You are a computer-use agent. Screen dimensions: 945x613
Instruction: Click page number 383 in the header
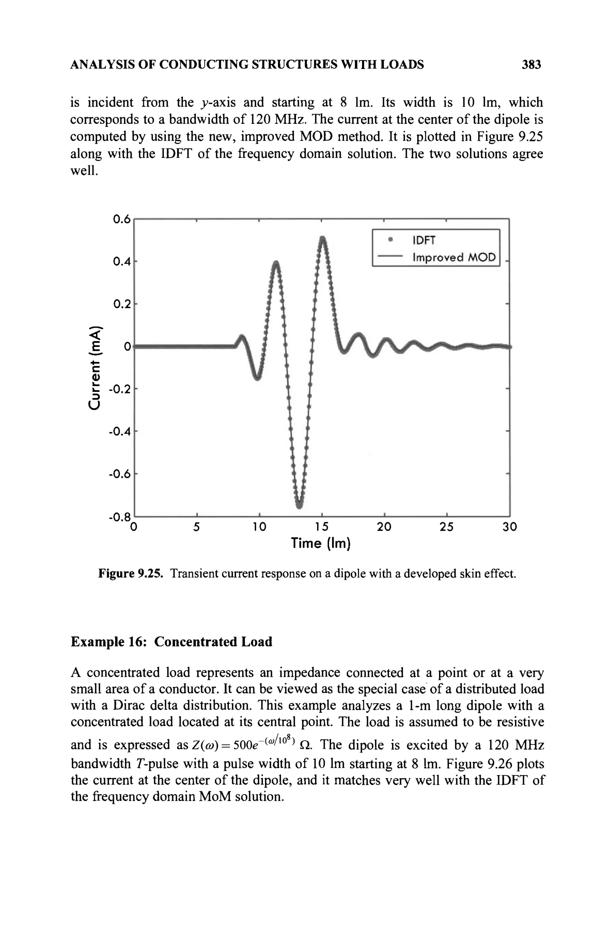coord(531,64)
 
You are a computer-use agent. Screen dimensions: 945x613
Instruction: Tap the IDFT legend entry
coord(424,240)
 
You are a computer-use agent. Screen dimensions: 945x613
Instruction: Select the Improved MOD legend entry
coord(454,258)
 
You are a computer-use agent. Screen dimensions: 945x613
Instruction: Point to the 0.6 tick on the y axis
coord(122,219)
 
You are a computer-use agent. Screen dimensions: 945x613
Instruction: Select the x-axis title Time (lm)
coord(321,543)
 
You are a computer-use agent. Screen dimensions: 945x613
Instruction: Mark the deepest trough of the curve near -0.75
coord(299,506)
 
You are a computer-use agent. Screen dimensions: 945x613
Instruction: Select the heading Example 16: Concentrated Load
coord(172,642)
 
